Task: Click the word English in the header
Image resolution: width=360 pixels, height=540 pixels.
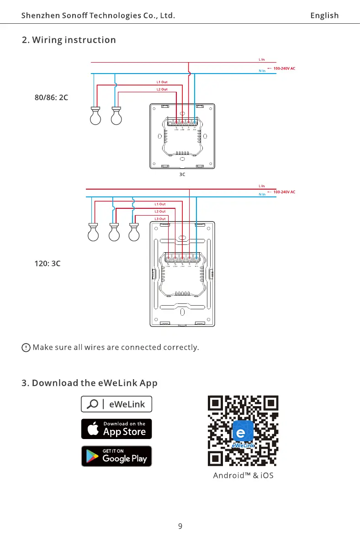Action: pyautogui.click(x=324, y=16)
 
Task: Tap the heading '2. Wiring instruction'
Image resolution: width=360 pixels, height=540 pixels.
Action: pyautogui.click(x=69, y=40)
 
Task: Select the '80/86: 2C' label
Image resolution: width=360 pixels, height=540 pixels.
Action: pyautogui.click(x=52, y=97)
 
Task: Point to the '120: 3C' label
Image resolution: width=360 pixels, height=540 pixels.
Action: pyautogui.click(x=48, y=264)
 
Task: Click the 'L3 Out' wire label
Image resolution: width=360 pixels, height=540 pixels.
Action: pyautogui.click(x=160, y=219)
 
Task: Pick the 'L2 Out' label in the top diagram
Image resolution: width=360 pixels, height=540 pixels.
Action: pyautogui.click(x=162, y=89)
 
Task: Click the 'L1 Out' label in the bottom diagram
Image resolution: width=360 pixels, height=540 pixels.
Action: pyautogui.click(x=160, y=204)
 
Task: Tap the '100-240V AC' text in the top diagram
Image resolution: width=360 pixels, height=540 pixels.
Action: pyautogui.click(x=284, y=69)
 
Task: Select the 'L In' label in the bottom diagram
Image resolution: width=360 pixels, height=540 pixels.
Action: pyautogui.click(x=261, y=186)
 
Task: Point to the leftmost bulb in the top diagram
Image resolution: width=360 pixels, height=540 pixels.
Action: pyautogui.click(x=95, y=116)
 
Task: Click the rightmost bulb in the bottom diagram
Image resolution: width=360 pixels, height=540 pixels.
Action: pyautogui.click(x=133, y=232)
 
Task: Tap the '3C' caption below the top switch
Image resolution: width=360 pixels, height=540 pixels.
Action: pyautogui.click(x=182, y=175)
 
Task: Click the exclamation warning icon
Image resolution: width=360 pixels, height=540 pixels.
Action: pyautogui.click(x=26, y=348)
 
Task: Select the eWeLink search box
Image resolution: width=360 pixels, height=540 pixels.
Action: pyautogui.click(x=116, y=404)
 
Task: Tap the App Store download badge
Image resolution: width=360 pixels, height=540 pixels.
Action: pyautogui.click(x=116, y=429)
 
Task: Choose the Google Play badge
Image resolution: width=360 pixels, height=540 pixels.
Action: pyautogui.click(x=116, y=456)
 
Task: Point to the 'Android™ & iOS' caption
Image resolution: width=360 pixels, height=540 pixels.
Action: pyautogui.click(x=243, y=476)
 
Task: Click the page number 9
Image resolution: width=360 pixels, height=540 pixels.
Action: pyautogui.click(x=180, y=526)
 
